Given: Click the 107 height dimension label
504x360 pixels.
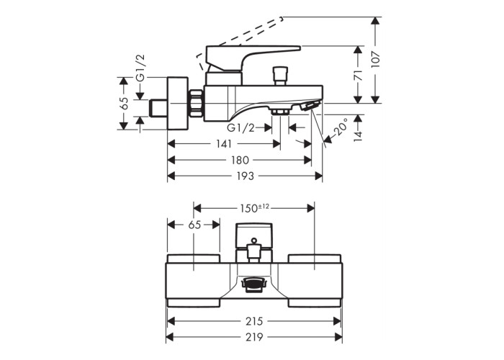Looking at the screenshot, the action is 375,59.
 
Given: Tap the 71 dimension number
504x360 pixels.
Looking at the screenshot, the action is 358,75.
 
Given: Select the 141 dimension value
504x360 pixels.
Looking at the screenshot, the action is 224,144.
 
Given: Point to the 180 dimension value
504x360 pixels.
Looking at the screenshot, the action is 240,160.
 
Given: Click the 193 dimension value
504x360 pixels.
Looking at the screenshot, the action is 245,176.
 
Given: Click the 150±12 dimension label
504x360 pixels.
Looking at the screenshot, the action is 254,208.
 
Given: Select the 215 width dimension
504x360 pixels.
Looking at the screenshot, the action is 254,320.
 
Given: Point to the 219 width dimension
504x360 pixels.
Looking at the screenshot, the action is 254,336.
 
